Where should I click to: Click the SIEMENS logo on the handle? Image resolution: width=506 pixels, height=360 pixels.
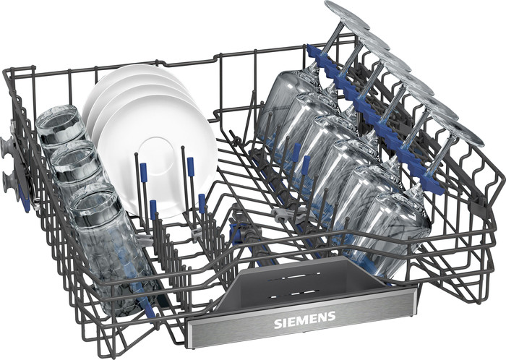(x=304, y=317)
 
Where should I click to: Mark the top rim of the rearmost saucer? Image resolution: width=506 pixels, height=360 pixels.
(x=134, y=69)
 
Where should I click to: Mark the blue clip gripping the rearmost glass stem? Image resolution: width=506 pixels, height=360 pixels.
(x=315, y=54)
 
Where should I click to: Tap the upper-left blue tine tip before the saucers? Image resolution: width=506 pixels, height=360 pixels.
(x=143, y=172)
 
